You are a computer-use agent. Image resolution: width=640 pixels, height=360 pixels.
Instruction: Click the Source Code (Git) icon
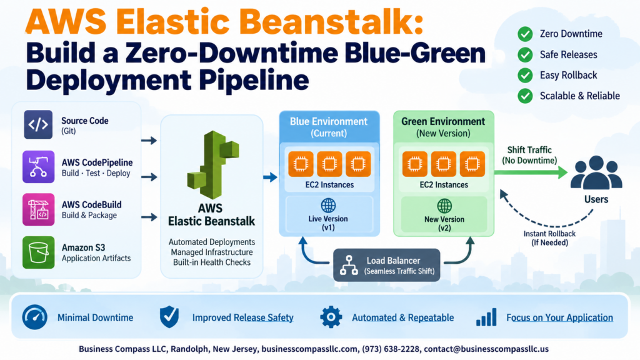click(x=38, y=124)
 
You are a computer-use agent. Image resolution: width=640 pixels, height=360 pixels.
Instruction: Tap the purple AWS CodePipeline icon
click(x=38, y=166)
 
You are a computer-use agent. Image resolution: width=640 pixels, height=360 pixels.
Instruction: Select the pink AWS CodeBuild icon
click(x=38, y=209)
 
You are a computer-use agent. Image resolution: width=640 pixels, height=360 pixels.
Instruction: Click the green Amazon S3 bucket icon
click(x=38, y=252)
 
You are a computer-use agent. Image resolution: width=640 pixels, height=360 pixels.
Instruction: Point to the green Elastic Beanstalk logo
click(x=212, y=164)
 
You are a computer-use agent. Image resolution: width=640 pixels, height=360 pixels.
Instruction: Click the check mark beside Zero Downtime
click(x=525, y=34)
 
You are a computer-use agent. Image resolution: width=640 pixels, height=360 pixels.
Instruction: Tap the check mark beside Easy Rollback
click(x=525, y=75)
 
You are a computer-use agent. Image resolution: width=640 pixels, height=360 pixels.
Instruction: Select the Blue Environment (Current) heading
click(x=329, y=127)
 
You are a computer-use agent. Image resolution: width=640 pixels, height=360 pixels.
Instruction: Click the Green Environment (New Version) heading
click(x=443, y=127)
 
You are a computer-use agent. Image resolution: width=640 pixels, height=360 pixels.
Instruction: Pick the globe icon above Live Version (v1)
click(x=328, y=206)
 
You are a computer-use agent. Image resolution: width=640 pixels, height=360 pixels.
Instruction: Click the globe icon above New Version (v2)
click(x=444, y=206)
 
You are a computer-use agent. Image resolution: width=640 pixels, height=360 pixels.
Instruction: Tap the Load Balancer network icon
click(x=349, y=265)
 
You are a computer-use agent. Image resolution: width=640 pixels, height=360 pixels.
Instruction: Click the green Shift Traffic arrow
click(x=531, y=172)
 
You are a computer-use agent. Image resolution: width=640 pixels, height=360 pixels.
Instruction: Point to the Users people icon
click(x=596, y=172)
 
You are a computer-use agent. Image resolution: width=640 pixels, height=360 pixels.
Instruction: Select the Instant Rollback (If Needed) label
click(x=549, y=238)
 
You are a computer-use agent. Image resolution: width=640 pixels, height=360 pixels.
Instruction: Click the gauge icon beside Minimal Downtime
click(x=35, y=317)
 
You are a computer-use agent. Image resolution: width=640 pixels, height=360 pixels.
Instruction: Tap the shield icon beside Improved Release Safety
click(x=169, y=317)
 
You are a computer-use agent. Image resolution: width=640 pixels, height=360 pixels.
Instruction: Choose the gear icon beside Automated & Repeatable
click(x=331, y=317)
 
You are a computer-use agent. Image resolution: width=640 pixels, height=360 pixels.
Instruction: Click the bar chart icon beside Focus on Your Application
click(x=486, y=317)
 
